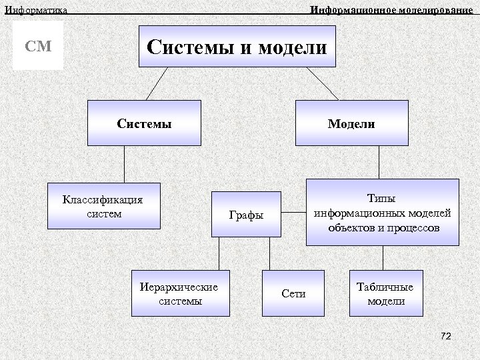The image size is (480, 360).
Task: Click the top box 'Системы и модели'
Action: pyautogui.click(x=237, y=47)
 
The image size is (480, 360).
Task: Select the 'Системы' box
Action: pyautogui.click(x=144, y=123)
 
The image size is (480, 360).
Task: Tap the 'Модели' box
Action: pyautogui.click(x=351, y=123)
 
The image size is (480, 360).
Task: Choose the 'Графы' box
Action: pyautogui.click(x=247, y=215)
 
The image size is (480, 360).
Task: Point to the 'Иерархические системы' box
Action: pyautogui.click(x=180, y=293)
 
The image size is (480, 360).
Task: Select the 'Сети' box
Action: pyautogui.click(x=293, y=293)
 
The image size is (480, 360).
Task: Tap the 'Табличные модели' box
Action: pyautogui.click(x=385, y=293)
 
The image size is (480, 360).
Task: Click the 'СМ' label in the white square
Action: pyautogui.click(x=38, y=47)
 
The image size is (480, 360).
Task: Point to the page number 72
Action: pyautogui.click(x=445, y=337)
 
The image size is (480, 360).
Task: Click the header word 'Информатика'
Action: pyautogui.click(x=36, y=9)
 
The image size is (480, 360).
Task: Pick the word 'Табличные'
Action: pyautogui.click(x=385, y=287)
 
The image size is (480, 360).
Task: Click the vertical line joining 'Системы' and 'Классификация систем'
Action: pyautogui.click(x=124, y=164)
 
